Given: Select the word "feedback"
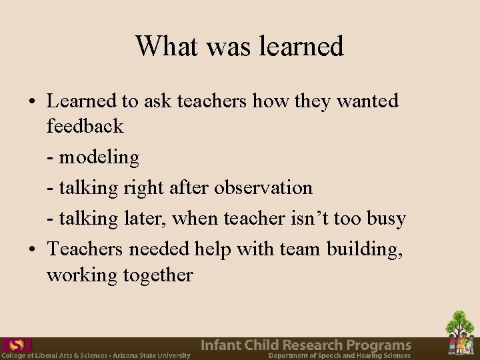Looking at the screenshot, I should click(85, 126).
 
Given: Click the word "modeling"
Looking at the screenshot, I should click(99, 157).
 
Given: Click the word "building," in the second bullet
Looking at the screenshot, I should click(364, 249).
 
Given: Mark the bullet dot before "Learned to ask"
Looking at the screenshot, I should click(33, 103).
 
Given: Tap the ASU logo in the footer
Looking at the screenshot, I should click(17, 345).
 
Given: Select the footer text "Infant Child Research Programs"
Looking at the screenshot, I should click(306, 345).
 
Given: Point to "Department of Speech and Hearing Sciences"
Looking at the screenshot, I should click(339, 356).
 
